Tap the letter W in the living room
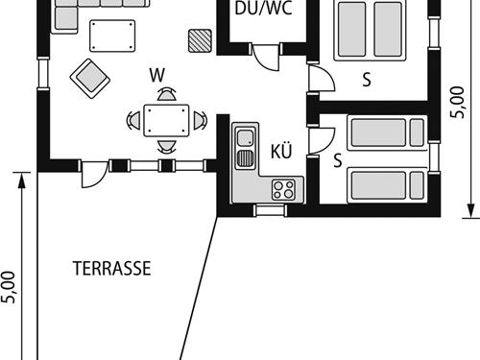pyautogui.click(x=156, y=73)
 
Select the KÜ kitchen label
pyautogui.click(x=281, y=151)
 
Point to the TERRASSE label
pyautogui.click(x=111, y=269)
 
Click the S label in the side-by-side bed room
pyautogui.click(x=366, y=80)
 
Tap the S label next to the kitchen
pyautogui.click(x=338, y=160)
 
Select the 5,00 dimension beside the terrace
pyautogui.click(x=10, y=287)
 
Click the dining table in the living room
pyautogui.click(x=167, y=120)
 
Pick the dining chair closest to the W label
pyautogui.click(x=167, y=96)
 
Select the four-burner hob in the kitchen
pyautogui.click(x=283, y=189)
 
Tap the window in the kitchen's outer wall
pyautogui.click(x=263, y=208)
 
